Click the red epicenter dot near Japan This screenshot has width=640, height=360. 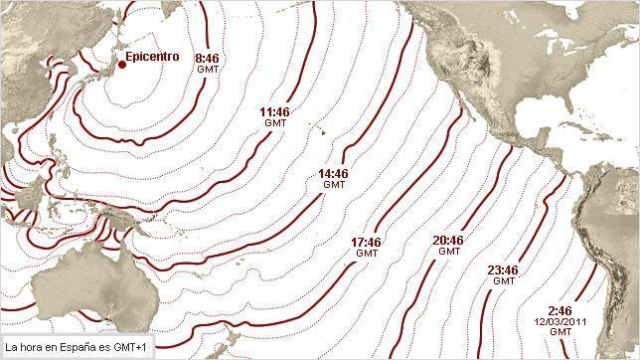tap(121, 65)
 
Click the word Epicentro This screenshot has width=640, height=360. tap(152, 57)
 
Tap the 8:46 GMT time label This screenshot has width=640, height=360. tap(207, 63)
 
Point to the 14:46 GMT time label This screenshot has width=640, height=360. tap(334, 177)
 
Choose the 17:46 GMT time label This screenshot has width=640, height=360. tap(367, 247)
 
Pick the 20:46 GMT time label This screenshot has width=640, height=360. tap(449, 245)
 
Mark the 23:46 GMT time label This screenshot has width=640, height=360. tap(504, 274)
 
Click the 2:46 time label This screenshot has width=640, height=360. tap(560, 311)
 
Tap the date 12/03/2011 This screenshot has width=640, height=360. tap(560, 321)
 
